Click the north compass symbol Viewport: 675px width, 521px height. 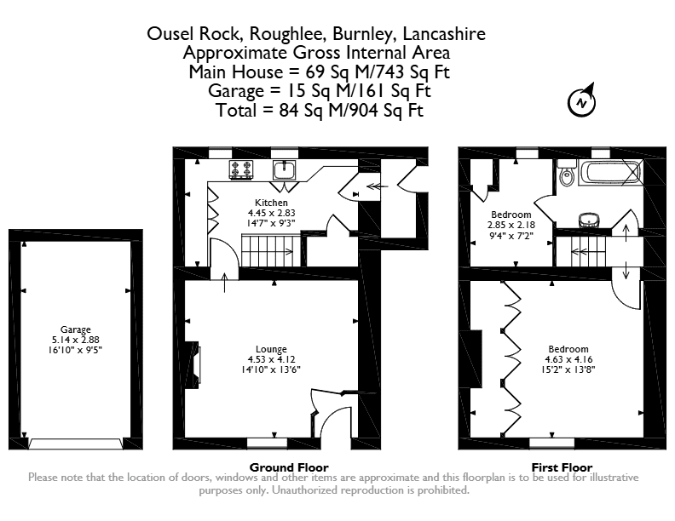pyautogui.click(x=581, y=102)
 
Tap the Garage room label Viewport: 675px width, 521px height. pyautogui.click(x=75, y=329)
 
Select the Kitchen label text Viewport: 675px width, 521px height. pyautogui.click(x=271, y=203)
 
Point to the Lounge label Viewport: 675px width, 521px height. pyautogui.click(x=271, y=349)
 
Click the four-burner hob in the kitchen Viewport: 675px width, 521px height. pyautogui.click(x=241, y=169)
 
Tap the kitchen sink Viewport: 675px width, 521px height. pyautogui.click(x=284, y=169)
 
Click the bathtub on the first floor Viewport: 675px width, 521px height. pyautogui.click(x=610, y=172)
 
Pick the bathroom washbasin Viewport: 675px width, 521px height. pyautogui.click(x=589, y=220)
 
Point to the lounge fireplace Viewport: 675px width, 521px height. pyautogui.click(x=193, y=365)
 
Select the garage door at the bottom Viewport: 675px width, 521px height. pyautogui.click(x=75, y=444)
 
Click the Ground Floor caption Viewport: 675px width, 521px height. pyautogui.click(x=289, y=467)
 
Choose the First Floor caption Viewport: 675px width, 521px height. pyautogui.click(x=562, y=467)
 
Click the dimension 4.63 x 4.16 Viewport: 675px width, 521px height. pyautogui.click(x=568, y=359)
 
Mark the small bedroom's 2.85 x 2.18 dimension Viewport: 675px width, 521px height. pyautogui.click(x=511, y=225)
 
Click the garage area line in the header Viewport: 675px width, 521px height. pyautogui.click(x=320, y=91)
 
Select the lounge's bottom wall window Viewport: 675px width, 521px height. pyautogui.click(x=267, y=444)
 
